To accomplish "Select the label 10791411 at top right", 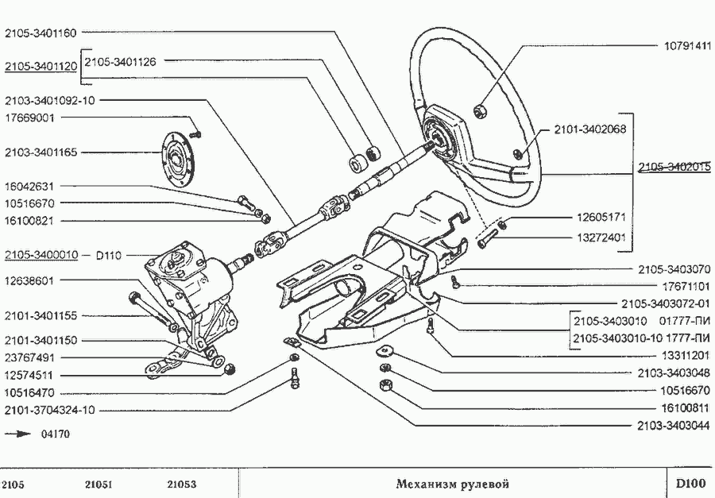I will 686,46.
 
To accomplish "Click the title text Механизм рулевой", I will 452,484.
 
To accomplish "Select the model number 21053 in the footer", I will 182,484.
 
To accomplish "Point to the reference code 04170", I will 55,434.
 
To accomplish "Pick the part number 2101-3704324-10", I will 49,410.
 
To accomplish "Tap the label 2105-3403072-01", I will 666,303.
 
